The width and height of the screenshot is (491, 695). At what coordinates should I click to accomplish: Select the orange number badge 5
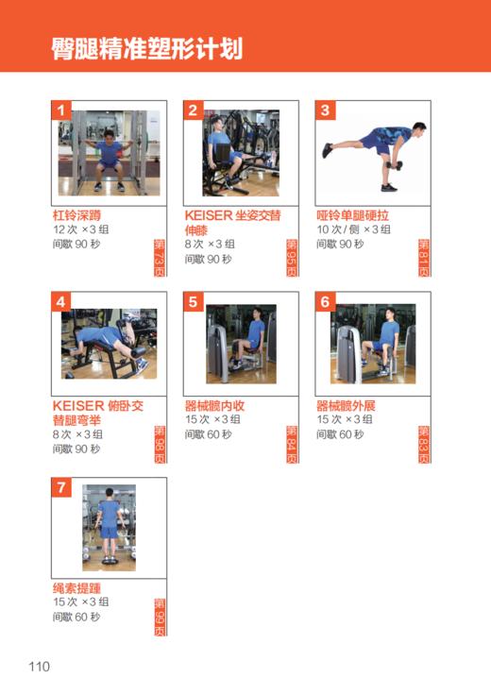(x=194, y=302)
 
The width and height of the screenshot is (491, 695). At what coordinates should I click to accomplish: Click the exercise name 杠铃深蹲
(x=76, y=215)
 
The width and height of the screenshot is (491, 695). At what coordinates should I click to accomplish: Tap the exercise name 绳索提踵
(x=76, y=588)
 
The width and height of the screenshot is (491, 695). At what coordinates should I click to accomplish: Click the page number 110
(x=39, y=667)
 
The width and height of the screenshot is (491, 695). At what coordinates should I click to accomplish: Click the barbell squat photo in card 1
(x=110, y=152)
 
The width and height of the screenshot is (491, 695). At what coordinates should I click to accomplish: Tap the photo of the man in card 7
(x=110, y=527)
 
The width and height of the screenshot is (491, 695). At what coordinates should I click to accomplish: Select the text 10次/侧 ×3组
(x=353, y=229)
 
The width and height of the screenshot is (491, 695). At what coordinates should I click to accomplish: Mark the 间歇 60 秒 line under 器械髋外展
(x=340, y=434)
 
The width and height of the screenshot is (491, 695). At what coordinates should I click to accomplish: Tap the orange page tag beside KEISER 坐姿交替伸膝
(x=291, y=257)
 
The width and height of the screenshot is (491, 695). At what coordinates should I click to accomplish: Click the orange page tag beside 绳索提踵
(x=159, y=616)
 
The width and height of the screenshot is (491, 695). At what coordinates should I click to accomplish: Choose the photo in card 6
(x=373, y=343)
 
